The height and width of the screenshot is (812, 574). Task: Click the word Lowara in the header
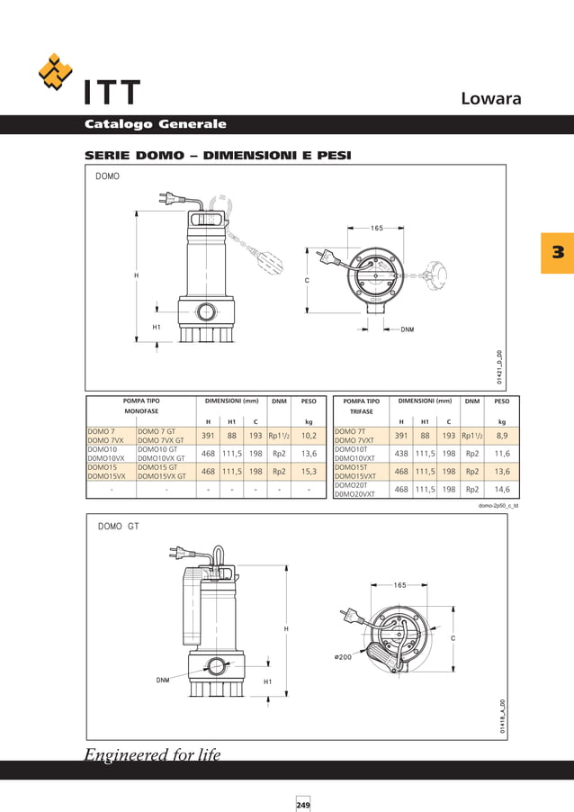pos(490,98)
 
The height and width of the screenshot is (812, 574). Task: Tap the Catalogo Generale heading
pos(155,124)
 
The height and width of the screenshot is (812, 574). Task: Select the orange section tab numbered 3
pos(557,252)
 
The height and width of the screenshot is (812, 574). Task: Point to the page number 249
pos(303,804)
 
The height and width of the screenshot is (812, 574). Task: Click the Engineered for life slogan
pos(152,754)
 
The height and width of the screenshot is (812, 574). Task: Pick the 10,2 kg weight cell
pos(309,435)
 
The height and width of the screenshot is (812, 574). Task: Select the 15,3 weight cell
pos(309,471)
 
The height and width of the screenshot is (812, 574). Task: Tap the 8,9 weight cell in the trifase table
pos(502,435)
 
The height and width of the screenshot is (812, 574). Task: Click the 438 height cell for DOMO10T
pos(401,454)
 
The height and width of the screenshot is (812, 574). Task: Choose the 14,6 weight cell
pos(502,490)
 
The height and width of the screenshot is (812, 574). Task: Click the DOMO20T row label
pos(351,485)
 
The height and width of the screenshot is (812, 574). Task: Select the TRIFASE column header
pos(362,411)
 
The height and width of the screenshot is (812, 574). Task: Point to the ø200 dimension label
pos(342,657)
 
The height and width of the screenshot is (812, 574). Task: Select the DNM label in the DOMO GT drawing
pos(162,681)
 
